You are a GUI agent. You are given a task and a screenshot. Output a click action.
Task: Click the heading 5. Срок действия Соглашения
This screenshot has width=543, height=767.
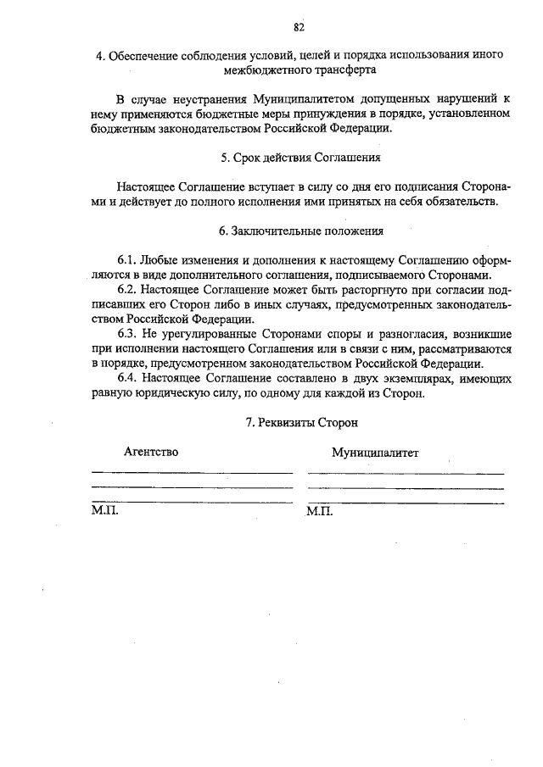[299, 158]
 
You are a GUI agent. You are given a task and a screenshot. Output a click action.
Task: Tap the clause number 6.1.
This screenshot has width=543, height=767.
[126, 259]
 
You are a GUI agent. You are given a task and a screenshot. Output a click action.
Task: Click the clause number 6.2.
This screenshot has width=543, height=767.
[126, 289]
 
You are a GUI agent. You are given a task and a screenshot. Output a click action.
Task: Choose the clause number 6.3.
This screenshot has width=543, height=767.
[126, 334]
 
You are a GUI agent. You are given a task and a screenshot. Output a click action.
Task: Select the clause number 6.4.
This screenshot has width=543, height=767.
[126, 378]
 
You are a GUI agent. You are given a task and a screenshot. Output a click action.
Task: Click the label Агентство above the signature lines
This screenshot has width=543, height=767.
[151, 452]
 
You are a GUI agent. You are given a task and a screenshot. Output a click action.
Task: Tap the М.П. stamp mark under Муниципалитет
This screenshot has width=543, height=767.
[321, 512]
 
